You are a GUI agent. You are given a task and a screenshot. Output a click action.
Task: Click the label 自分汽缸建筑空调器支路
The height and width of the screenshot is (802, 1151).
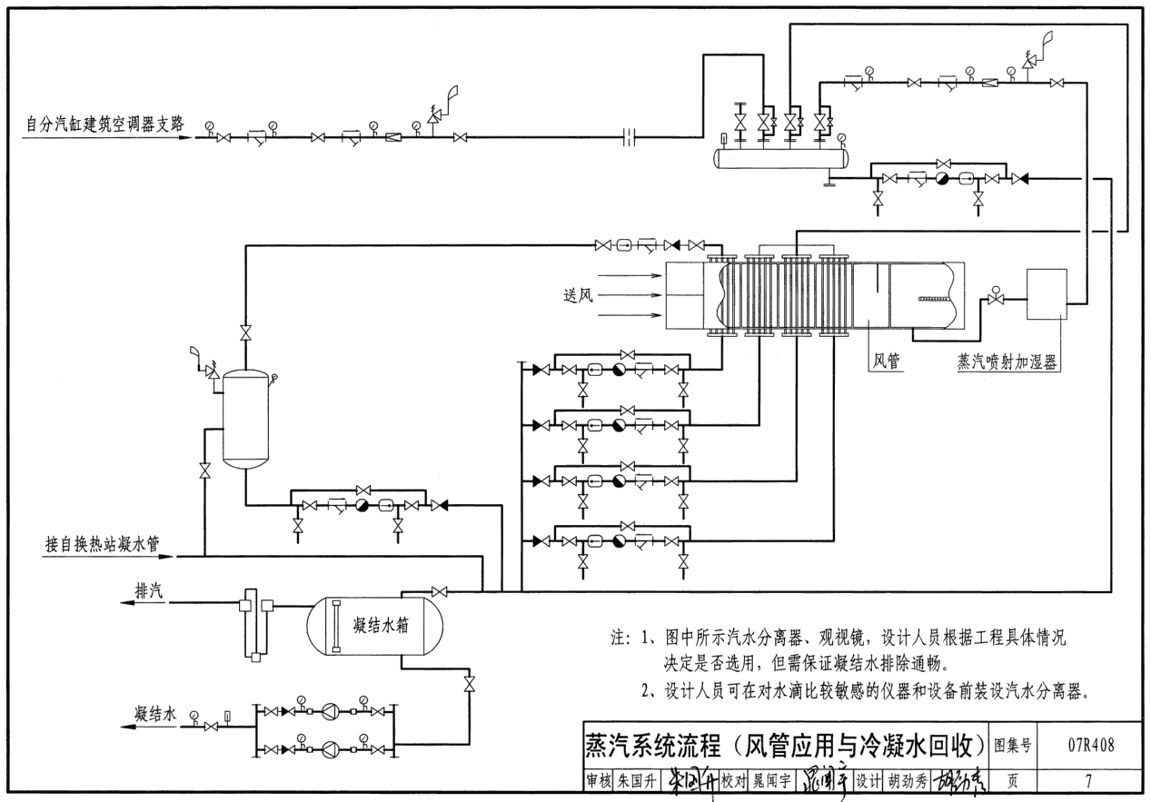[x=106, y=125]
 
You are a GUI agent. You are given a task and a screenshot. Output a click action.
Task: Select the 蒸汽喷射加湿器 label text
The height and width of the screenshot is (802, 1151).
[x=1009, y=361]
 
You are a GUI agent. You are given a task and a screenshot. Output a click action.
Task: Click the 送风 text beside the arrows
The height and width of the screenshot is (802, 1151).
[x=577, y=294]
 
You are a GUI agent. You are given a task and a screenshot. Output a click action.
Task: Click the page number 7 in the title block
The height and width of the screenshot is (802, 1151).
[x=1088, y=779]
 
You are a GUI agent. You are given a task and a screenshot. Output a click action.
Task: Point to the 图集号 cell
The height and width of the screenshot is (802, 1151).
[x=1014, y=746]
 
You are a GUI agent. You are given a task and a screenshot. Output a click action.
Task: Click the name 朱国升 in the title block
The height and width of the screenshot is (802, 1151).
[x=635, y=780]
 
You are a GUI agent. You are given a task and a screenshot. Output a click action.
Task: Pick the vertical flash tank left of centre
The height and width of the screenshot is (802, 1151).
[x=245, y=418]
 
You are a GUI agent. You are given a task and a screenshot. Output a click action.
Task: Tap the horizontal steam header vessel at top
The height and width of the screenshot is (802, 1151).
[x=782, y=158]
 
